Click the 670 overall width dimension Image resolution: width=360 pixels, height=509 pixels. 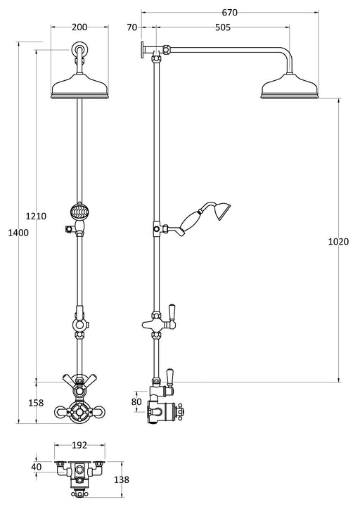click(229, 12)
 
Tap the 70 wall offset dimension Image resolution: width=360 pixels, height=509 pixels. click(131, 28)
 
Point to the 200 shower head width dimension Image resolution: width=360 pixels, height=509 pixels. click(79, 27)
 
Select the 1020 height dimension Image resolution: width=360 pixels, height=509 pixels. click(337, 241)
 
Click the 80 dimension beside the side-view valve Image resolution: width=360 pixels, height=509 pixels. click(136, 402)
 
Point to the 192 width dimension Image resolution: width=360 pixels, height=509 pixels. click(79, 445)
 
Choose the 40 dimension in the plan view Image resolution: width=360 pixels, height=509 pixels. click(37, 466)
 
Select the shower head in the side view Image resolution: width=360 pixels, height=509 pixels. click(290, 89)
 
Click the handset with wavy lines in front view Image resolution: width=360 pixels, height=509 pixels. click(79, 211)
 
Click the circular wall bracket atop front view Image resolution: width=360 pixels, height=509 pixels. click(79, 51)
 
